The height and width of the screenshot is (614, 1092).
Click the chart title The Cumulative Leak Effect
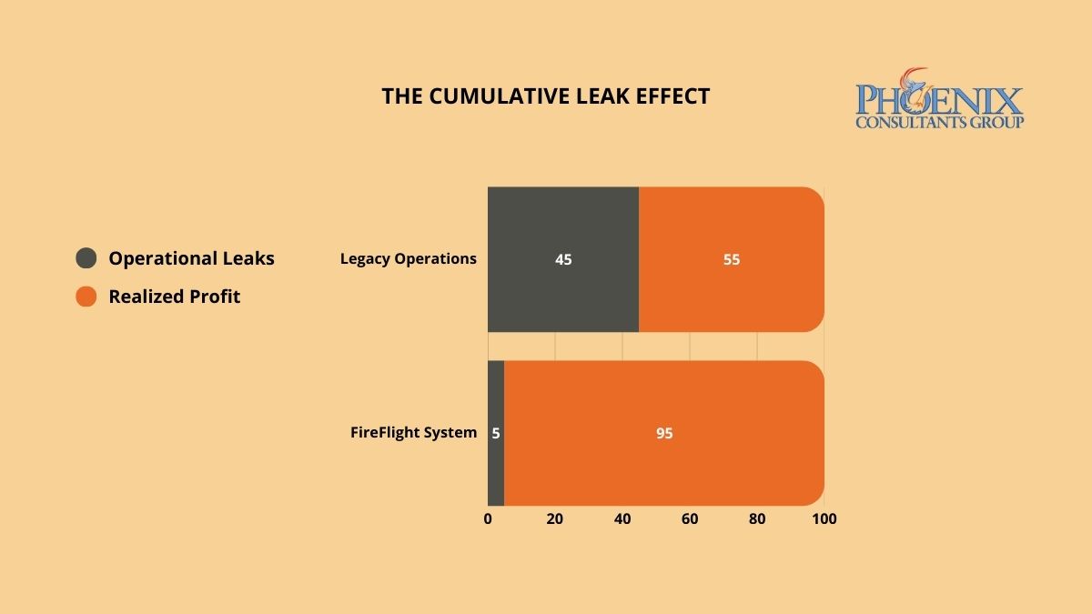(x=545, y=96)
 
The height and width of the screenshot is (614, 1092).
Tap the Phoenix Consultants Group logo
(x=939, y=99)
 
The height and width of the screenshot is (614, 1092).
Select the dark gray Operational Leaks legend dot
(x=86, y=258)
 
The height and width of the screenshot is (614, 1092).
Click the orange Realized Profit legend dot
(x=86, y=297)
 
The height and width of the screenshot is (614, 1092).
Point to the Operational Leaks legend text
(x=191, y=258)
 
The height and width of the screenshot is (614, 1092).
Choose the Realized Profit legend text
(x=174, y=297)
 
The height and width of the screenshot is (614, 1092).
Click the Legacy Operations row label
(x=409, y=258)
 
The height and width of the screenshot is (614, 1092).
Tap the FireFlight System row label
(x=413, y=433)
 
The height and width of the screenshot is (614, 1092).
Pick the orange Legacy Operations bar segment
(x=732, y=227)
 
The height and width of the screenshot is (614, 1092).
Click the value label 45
(x=563, y=259)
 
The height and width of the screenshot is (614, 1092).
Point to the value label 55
(x=732, y=259)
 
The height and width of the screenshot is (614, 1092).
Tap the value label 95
(x=664, y=434)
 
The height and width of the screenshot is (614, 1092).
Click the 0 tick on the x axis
(x=488, y=519)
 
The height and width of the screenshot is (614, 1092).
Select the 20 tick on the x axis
(x=555, y=519)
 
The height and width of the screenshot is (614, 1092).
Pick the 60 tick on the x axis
(x=690, y=519)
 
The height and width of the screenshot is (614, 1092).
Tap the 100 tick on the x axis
(x=824, y=519)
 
